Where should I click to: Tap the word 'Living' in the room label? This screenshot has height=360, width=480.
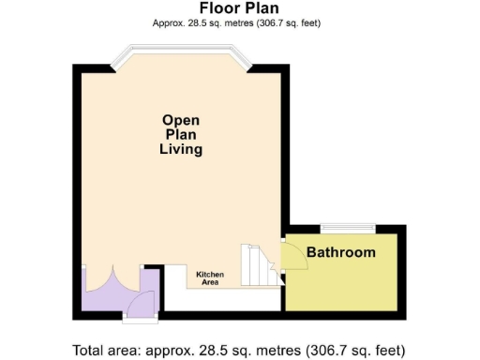[x=181, y=149]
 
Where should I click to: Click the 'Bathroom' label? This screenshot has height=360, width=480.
[x=341, y=252]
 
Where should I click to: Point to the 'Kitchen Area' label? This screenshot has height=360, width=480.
[x=210, y=277]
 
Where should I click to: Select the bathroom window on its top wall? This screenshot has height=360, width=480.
[x=348, y=227]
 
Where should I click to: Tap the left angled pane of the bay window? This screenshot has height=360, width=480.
[x=124, y=58]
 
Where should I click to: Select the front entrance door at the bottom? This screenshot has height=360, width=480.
[x=141, y=304]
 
